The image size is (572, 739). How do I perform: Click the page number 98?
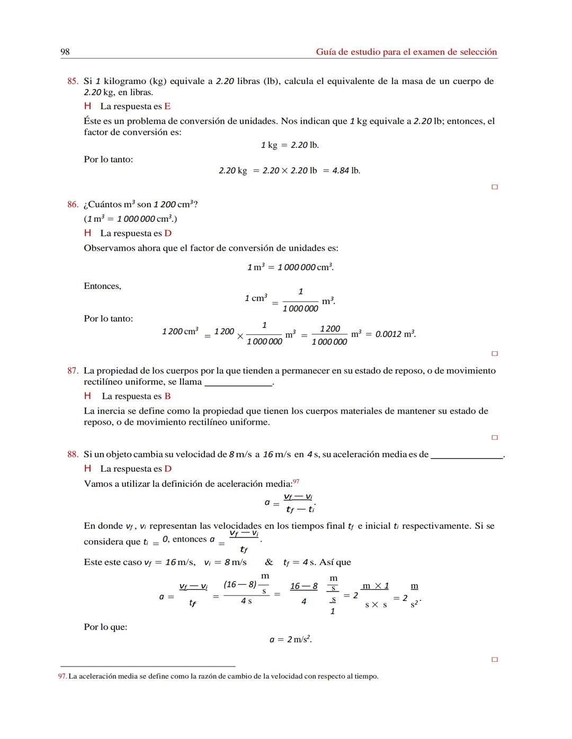click(x=65, y=52)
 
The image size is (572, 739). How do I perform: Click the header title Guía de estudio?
click(x=406, y=52)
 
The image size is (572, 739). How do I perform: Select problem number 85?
click(x=73, y=81)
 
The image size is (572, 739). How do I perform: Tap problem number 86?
click(x=73, y=205)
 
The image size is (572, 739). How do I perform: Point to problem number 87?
click(x=73, y=371)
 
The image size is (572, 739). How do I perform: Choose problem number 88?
click(x=73, y=454)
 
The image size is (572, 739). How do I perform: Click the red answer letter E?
click(x=167, y=106)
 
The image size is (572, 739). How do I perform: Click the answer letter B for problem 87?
click(x=167, y=396)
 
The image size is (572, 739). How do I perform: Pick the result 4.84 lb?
click(x=346, y=171)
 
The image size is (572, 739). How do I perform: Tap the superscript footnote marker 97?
click(x=296, y=481)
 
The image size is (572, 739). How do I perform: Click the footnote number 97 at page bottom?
click(x=62, y=677)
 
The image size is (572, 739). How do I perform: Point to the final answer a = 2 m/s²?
click(x=290, y=640)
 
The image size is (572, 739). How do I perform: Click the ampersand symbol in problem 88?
click(x=269, y=562)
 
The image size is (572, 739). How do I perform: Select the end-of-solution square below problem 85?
click(x=495, y=187)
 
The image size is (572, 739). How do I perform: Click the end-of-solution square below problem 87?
click(x=495, y=438)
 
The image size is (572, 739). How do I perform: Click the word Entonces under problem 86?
click(x=102, y=286)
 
